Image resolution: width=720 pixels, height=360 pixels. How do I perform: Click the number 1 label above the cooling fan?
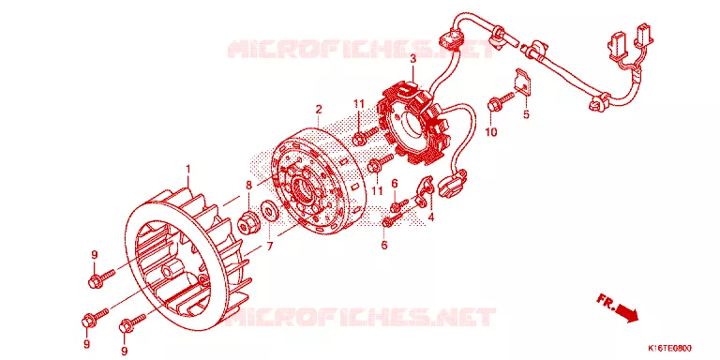click(x=187, y=170)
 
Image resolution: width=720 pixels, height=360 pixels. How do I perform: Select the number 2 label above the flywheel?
click(x=318, y=110)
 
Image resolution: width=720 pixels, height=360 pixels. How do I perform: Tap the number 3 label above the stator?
click(x=412, y=59)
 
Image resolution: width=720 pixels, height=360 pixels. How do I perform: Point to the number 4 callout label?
click(x=430, y=217)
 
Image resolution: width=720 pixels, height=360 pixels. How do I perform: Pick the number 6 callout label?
click(x=394, y=184)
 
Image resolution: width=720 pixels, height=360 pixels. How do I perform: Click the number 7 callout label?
click(x=270, y=247)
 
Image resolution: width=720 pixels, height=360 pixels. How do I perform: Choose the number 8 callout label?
click(x=248, y=185)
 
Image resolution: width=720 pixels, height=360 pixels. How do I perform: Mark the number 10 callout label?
click(x=491, y=132)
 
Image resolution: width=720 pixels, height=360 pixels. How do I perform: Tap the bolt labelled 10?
click(x=501, y=102)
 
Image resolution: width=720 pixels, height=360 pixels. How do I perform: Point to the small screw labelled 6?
click(x=398, y=204)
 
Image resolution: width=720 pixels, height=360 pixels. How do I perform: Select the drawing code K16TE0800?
click(x=669, y=348)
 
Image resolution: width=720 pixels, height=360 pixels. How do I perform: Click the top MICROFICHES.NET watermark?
click(x=361, y=49)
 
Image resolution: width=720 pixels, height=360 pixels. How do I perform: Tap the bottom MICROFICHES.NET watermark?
click(x=361, y=316)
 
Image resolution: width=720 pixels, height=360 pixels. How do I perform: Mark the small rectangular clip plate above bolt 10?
click(x=522, y=82)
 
